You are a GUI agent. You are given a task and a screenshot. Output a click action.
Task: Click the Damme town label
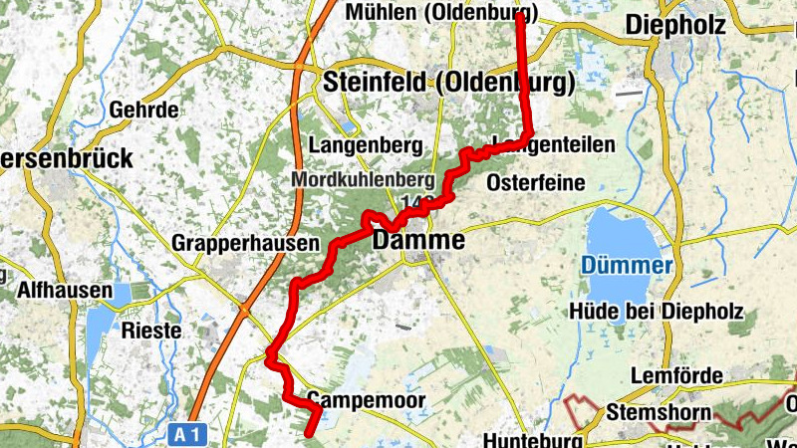tap(418, 241)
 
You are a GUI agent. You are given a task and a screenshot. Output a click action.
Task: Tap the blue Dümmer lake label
tap(628, 266)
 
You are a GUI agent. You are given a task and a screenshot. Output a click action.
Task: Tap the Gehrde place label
tap(147, 109)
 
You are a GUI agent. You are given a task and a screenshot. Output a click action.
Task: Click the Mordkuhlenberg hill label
tap(363, 180)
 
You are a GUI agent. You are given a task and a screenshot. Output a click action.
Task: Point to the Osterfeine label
tap(536, 183)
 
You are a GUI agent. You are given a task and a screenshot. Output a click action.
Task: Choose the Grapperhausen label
tap(245, 243)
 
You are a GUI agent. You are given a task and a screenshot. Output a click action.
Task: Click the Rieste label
tap(149, 329)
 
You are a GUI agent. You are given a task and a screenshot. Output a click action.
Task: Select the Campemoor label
tap(366, 400)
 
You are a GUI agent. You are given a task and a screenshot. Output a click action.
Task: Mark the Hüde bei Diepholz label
tap(656, 312)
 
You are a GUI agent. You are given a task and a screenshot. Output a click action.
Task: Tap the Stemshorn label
tap(658, 412)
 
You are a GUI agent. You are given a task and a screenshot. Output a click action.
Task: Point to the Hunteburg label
tap(531, 439)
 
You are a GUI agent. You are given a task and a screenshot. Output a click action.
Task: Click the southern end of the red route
tap(309, 433)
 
